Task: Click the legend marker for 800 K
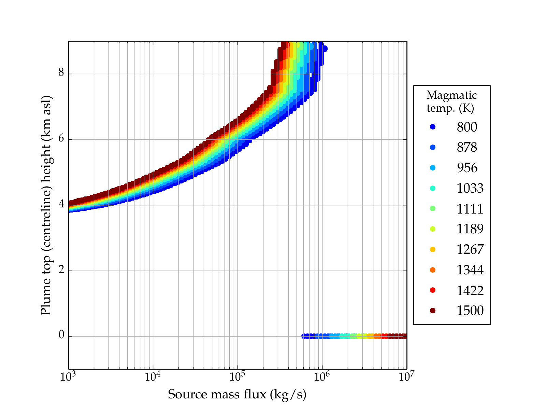(x=433, y=127)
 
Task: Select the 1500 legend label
(x=470, y=311)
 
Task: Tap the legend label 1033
(x=470, y=188)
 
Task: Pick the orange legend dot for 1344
(x=433, y=270)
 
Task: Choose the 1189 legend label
(x=470, y=229)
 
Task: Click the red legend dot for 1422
(x=433, y=290)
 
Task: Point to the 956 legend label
(x=467, y=168)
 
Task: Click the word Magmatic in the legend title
(x=451, y=95)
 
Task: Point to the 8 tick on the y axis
(x=61, y=73)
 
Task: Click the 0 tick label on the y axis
(x=61, y=336)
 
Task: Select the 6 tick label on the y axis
(x=61, y=139)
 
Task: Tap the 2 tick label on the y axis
(x=61, y=270)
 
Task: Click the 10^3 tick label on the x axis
(x=68, y=377)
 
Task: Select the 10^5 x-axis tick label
(x=238, y=377)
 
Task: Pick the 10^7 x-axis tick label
(x=406, y=377)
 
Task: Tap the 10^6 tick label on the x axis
(x=322, y=377)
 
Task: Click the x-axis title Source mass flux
(x=237, y=395)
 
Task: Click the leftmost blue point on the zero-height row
(x=303, y=336)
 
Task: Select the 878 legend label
(x=467, y=147)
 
